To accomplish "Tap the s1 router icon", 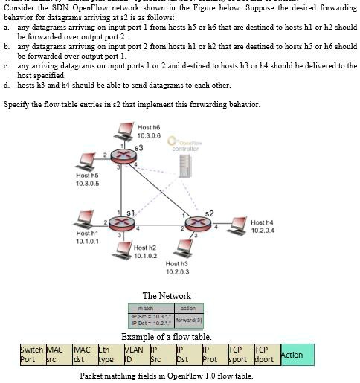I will pyautogui.click(x=124, y=222).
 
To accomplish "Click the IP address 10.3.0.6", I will pyautogui.click(x=149, y=135).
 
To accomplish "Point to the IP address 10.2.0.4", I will pyautogui.click(x=263, y=231).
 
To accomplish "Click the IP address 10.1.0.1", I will pyautogui.click(x=88, y=241).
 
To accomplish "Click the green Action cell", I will pyautogui.click(x=297, y=355).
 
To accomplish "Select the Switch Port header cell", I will pyautogui.click(x=31, y=355).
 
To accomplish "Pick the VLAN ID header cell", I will pyautogui.click(x=134, y=355).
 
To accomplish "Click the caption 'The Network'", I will pyautogui.click(x=167, y=296).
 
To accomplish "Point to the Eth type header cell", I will pyautogui.click(x=109, y=355).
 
